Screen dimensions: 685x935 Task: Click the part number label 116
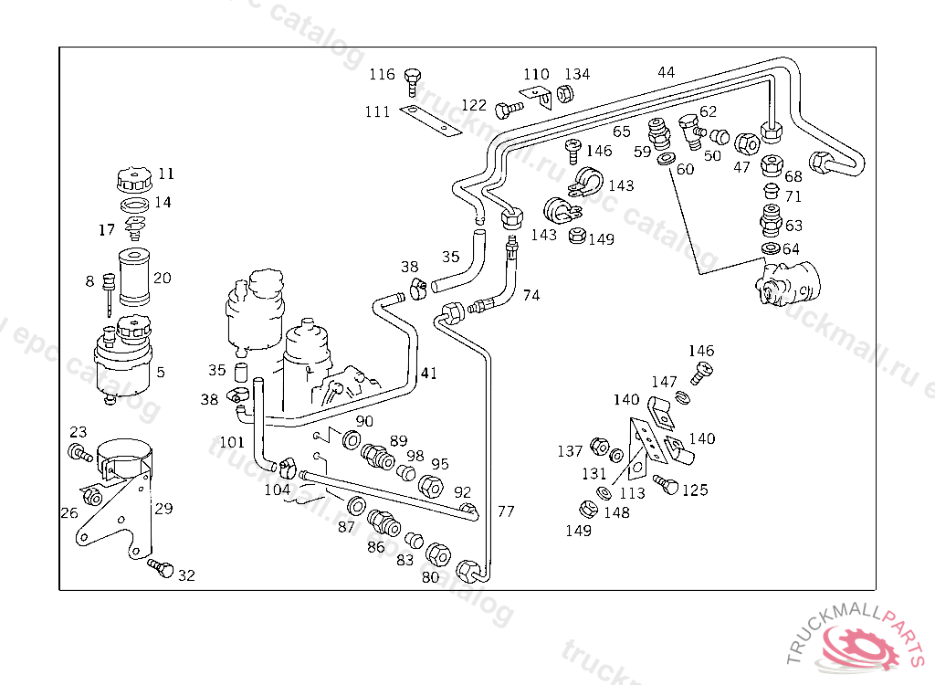point(382,74)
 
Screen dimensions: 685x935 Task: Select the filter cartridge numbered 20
point(136,277)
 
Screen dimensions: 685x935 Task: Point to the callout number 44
point(667,72)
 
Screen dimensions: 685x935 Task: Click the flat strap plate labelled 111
point(428,121)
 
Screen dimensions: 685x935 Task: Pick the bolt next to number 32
point(162,568)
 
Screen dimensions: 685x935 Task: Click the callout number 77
point(506,511)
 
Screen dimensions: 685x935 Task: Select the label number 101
point(232,443)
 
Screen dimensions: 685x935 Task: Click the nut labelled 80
point(437,553)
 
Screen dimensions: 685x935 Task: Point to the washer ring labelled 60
point(666,161)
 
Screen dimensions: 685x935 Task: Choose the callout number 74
point(531,295)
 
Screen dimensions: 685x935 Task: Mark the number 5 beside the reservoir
point(161,373)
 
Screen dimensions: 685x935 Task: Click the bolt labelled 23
point(77,451)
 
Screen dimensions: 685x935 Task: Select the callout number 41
point(428,373)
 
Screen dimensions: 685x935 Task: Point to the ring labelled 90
point(351,442)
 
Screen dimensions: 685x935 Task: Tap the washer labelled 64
point(769,249)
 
